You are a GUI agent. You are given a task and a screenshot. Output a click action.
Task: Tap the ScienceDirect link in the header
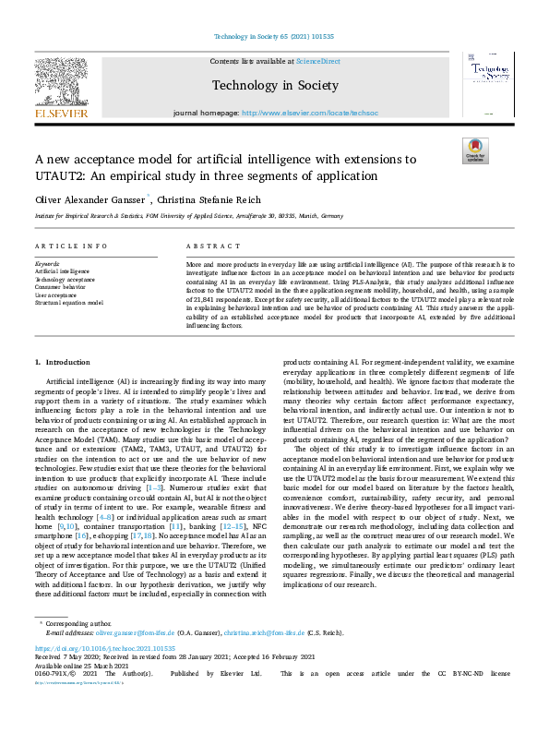click(317, 61)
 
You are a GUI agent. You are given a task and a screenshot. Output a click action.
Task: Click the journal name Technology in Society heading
click(275, 85)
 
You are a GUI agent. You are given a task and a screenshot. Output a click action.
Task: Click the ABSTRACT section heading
click(207, 247)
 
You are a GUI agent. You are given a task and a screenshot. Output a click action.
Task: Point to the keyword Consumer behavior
click(62, 287)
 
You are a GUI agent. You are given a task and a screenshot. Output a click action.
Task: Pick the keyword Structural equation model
click(70, 302)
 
